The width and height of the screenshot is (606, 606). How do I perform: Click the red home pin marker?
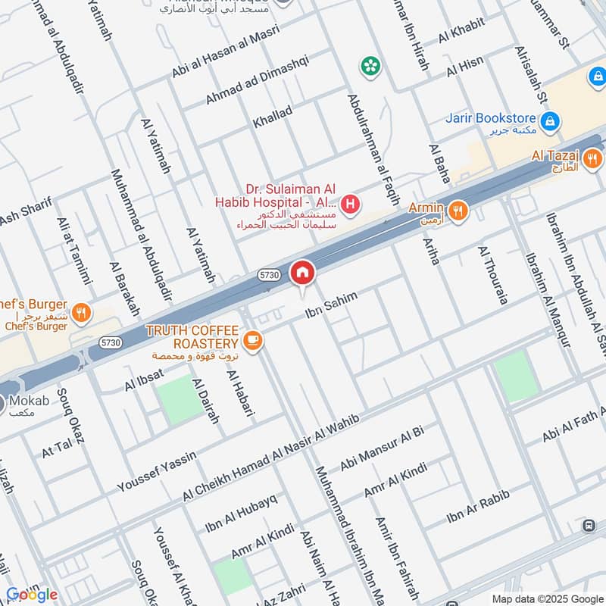[302, 273]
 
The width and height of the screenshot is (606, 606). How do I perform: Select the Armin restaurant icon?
[457, 211]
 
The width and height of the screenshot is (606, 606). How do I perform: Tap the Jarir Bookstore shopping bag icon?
[551, 120]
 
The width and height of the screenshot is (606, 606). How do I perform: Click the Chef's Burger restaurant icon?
[83, 311]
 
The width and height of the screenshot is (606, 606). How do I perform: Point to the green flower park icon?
[370, 67]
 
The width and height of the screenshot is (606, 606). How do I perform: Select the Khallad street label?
[273, 117]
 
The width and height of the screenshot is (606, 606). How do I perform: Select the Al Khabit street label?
[461, 35]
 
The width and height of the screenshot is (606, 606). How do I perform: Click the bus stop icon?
[589, 526]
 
